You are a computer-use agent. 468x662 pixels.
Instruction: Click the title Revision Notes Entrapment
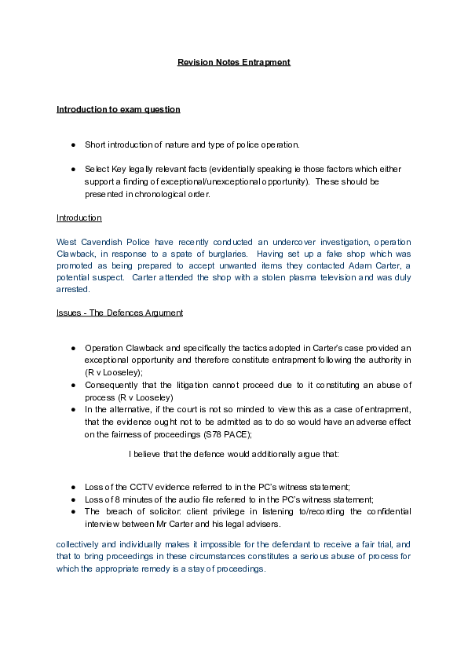point(234,62)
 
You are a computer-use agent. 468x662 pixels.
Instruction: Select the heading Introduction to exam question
point(119,109)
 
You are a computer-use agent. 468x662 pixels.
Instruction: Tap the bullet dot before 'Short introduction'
point(73,145)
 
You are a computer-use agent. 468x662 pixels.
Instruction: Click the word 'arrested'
point(73,290)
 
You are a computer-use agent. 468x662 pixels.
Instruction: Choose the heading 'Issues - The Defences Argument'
point(119,313)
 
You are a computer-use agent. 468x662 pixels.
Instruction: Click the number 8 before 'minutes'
point(125,499)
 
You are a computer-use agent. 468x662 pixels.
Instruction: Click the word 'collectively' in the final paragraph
point(79,544)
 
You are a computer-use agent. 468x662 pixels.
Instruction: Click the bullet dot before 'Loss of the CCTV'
point(73,487)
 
